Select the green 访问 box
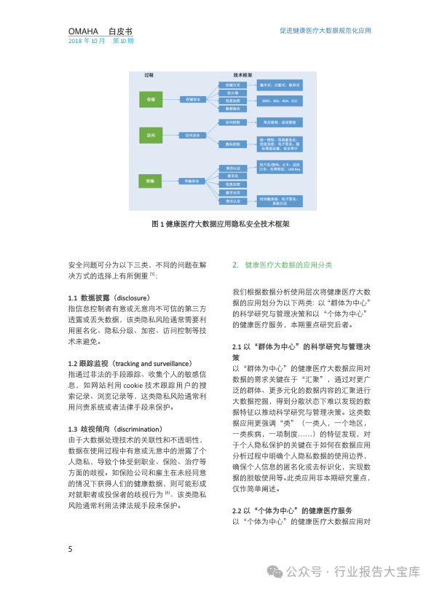pyautogui.click(x=150, y=136)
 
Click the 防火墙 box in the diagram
pyautogui.click(x=229, y=93)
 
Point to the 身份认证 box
pyautogui.click(x=229, y=168)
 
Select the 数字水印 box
pyautogui.click(x=229, y=192)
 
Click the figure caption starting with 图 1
pyautogui.click(x=219, y=225)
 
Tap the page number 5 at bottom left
pyautogui.click(x=70, y=549)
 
